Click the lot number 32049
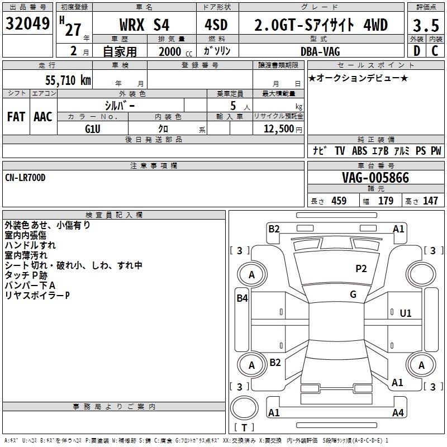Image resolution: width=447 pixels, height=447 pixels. point(27,23)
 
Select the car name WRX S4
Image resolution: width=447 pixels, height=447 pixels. point(144,25)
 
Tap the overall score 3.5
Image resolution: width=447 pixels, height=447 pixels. point(426,25)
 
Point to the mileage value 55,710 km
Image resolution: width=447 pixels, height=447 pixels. point(68,80)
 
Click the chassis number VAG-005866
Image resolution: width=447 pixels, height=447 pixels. point(375,178)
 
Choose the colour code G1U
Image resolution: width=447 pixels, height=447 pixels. point(93,129)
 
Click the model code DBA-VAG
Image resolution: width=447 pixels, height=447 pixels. point(320,51)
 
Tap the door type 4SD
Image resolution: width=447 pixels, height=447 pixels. point(216,25)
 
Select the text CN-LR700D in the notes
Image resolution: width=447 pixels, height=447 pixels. point(25,178)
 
